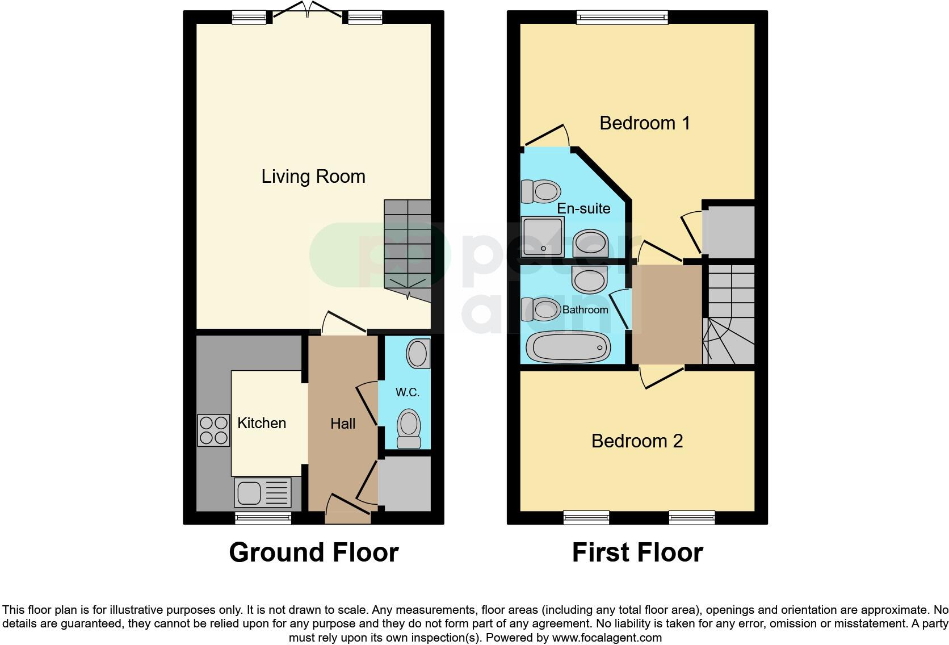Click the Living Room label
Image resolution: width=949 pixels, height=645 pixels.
coord(313,177)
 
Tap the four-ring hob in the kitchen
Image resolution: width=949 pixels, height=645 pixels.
coord(213,430)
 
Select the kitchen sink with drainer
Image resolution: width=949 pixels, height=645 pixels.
coord(262,492)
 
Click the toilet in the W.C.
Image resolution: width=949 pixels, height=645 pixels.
coord(409,430)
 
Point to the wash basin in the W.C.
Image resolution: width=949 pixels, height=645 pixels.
coord(418,354)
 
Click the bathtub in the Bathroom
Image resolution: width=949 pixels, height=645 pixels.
coord(568,346)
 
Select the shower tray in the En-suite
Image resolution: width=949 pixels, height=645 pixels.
coord(543,237)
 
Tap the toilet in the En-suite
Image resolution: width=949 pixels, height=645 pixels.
coord(540,191)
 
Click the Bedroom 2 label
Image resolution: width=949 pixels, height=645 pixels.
coord(637,441)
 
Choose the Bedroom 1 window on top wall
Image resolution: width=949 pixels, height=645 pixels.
coord(622,18)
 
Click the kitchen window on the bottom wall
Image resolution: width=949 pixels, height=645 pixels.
coord(263,517)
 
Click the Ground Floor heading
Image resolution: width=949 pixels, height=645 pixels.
coord(313,552)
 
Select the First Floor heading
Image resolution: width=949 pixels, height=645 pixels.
coord(637,552)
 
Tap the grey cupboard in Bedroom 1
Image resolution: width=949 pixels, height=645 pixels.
coord(728,232)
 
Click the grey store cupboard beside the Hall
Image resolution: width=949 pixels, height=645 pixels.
coord(404,484)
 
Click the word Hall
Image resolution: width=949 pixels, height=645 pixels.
coord(343,424)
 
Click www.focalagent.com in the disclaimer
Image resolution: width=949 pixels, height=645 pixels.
coord(606,638)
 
